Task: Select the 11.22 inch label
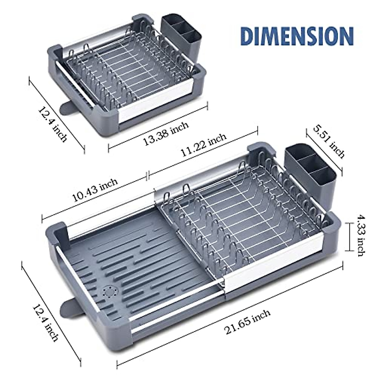click(203, 145)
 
